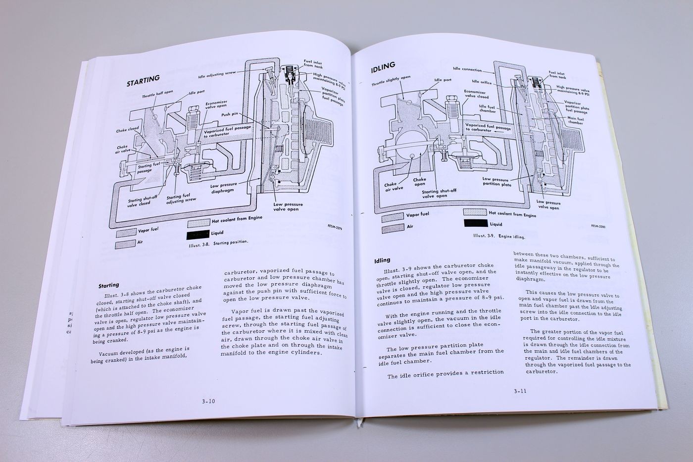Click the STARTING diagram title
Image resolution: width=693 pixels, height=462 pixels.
point(143,80)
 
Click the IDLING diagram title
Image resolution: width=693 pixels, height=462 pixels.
point(382,69)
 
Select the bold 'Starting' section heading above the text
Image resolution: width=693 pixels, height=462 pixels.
point(108,285)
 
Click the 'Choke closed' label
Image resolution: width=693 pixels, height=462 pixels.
point(128,131)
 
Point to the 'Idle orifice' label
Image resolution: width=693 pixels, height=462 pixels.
point(482,82)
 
